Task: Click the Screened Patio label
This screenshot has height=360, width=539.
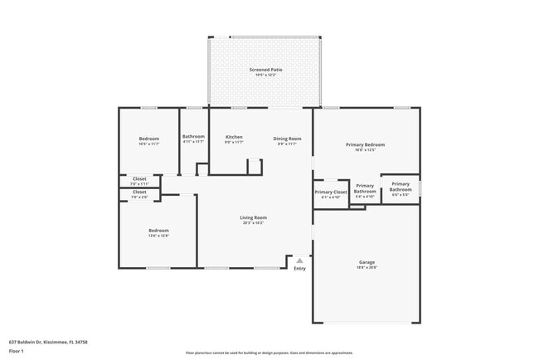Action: pos(265,70)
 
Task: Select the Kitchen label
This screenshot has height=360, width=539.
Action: pos(234,138)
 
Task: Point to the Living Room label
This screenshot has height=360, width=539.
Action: pos(253,217)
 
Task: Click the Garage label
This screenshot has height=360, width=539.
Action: pos(367,262)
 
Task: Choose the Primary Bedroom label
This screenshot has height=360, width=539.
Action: pos(365,144)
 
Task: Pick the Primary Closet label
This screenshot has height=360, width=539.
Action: pos(330,192)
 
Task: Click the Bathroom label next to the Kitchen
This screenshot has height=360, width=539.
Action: pos(193,136)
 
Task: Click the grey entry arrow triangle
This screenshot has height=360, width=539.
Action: pos(299,260)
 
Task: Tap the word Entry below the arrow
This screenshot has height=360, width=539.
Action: pos(299,268)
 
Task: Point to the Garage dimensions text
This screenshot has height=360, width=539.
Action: pos(367,267)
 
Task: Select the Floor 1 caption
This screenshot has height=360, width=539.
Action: pos(17,352)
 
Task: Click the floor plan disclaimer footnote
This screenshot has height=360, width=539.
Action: pos(269,352)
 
